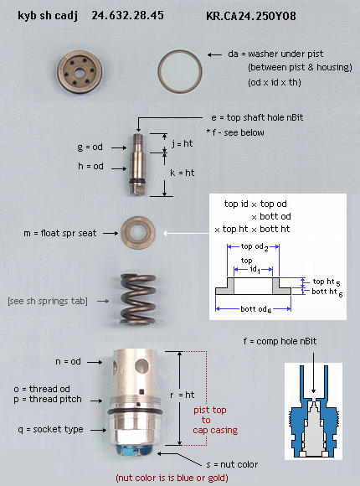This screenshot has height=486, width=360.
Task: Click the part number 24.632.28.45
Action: (x=127, y=15)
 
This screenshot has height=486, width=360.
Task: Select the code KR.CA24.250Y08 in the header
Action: (x=251, y=16)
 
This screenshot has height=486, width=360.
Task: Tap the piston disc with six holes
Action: (x=80, y=72)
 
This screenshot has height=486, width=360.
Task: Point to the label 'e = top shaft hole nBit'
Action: (x=257, y=118)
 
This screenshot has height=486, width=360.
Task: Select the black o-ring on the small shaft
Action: (x=137, y=181)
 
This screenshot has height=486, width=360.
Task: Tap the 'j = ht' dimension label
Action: (x=183, y=143)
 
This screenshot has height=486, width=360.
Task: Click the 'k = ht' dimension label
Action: (x=183, y=173)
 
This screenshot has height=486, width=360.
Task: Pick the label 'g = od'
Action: (x=90, y=147)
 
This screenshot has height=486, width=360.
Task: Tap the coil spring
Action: (x=138, y=299)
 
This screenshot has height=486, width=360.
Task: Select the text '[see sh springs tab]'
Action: (x=48, y=302)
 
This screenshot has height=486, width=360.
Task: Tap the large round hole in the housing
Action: (x=141, y=365)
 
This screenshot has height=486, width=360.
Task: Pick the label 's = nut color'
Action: (x=232, y=464)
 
